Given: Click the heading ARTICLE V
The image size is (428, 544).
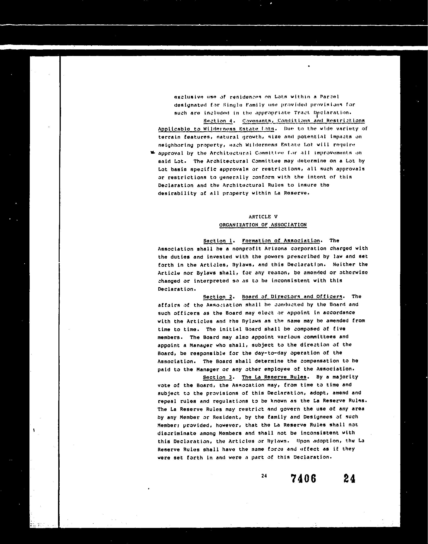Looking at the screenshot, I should point(263,216).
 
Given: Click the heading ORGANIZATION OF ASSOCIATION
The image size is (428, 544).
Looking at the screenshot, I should point(263,225).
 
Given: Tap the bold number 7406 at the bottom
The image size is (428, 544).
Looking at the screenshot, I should point(303,478).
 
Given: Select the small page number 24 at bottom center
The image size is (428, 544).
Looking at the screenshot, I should point(264,476).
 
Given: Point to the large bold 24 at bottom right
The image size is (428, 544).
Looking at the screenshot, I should point(349,478).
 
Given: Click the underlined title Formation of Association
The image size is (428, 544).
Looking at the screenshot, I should point(281,241).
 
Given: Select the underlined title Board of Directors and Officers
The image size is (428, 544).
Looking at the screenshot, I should point(292,297).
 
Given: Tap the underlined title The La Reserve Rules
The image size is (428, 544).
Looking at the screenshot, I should point(274,377).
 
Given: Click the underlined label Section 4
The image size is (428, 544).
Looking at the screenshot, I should point(218,121).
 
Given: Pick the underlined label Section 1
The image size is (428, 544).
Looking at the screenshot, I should point(218,241).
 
